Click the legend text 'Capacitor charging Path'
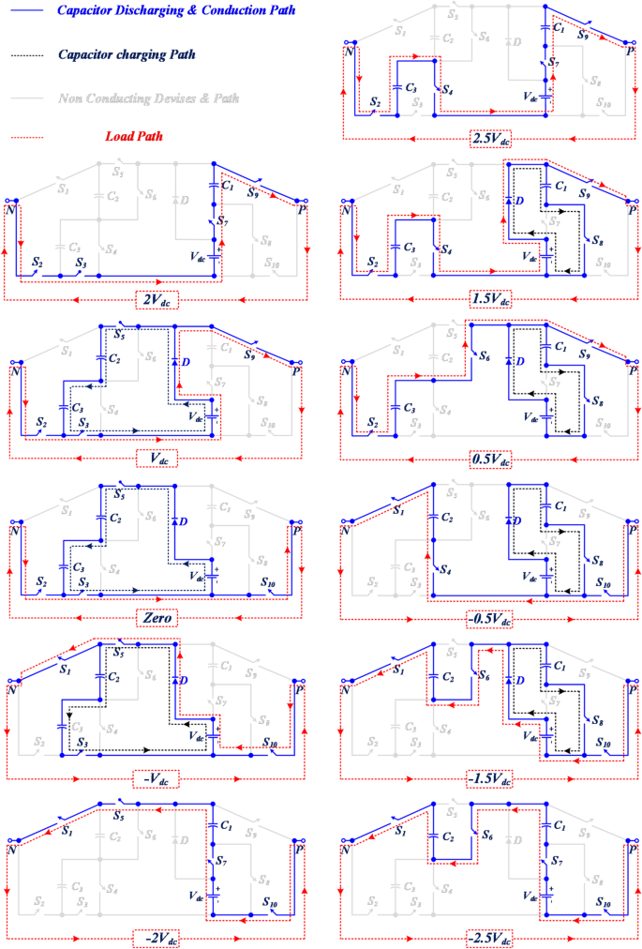pyautogui.click(x=127, y=54)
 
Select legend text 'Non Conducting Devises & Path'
pyautogui.click(x=148, y=98)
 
